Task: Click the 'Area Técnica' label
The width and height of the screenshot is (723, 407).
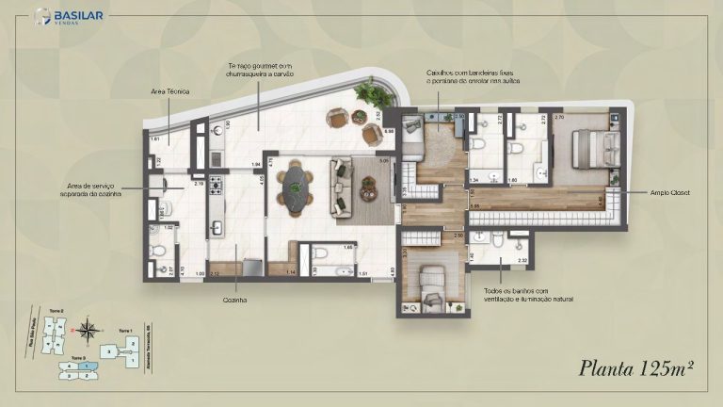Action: [170, 91]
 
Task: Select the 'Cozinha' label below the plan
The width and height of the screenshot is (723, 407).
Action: [235, 300]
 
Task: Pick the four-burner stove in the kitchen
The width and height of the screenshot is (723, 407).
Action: [216, 187]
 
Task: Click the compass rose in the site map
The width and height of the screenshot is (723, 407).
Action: [88, 330]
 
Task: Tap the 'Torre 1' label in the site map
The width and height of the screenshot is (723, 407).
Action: [125, 331]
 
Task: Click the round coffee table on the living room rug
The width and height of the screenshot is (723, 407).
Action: [368, 188]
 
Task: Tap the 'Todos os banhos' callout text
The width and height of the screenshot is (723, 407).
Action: [526, 296]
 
